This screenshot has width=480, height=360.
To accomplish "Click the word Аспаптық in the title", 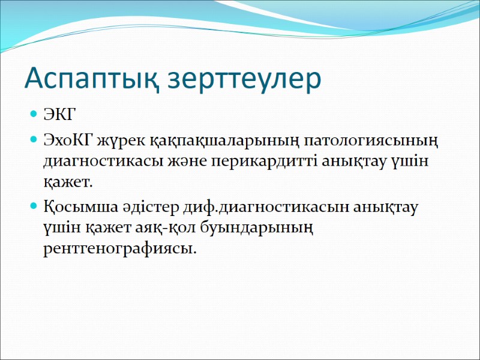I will click(x=91, y=79).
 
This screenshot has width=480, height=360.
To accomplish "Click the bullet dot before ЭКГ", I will click(x=33, y=114).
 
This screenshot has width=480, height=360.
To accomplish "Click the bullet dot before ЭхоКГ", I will click(x=33, y=140).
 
